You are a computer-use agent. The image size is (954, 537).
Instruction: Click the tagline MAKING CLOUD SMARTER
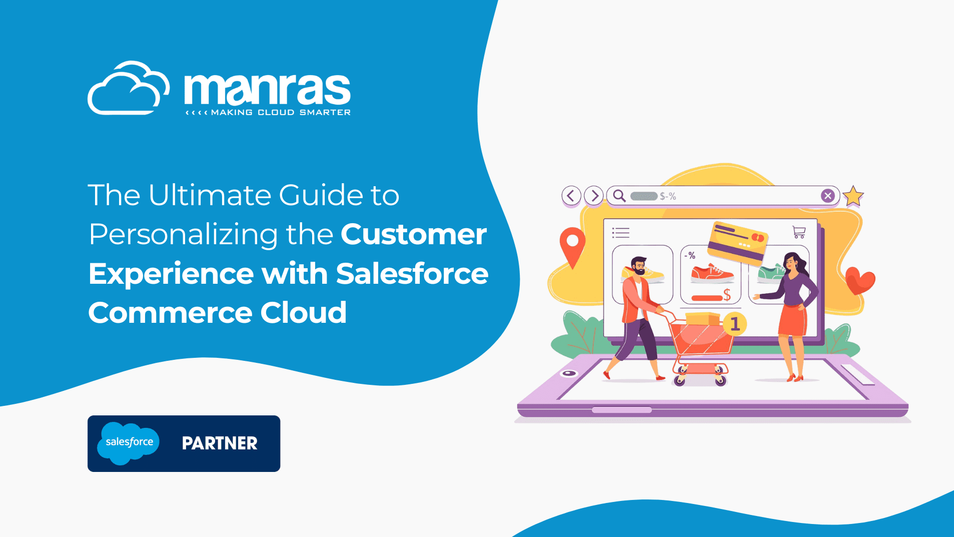[281, 113]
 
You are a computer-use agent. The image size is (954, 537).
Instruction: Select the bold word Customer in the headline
[414, 234]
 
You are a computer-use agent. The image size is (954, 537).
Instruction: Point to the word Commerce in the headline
[170, 313]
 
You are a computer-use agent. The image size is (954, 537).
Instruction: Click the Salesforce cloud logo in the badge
[129, 443]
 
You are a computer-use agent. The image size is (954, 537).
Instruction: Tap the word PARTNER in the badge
[220, 443]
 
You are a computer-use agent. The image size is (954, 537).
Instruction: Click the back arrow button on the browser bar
[571, 196]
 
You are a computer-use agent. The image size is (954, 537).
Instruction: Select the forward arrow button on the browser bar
[594, 196]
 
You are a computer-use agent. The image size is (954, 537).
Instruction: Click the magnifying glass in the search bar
[619, 196]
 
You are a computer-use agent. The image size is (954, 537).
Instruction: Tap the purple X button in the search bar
[828, 196]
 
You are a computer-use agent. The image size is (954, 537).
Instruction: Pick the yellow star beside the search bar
[853, 196]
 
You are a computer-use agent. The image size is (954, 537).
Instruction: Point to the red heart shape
[860, 280]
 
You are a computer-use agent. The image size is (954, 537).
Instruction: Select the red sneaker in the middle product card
[711, 273]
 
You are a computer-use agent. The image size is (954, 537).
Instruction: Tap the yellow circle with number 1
[735, 324]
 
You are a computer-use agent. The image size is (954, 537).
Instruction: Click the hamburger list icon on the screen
[621, 233]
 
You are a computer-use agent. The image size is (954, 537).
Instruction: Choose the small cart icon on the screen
[799, 232]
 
